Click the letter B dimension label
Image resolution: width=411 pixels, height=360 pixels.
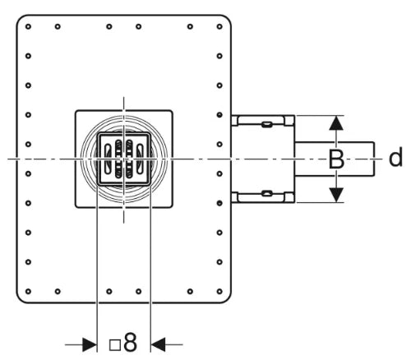click(x=336, y=159)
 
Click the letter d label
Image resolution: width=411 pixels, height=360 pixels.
click(x=395, y=157)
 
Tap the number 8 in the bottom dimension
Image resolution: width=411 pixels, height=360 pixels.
click(x=130, y=342)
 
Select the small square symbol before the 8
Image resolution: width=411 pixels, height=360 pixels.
click(x=115, y=345)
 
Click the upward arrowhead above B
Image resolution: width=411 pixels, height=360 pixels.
click(x=336, y=122)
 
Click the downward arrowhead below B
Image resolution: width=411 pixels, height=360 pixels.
click(x=336, y=195)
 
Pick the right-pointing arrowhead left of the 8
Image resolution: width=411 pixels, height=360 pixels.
click(x=90, y=344)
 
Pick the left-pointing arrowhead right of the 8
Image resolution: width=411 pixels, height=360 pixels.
click(x=158, y=344)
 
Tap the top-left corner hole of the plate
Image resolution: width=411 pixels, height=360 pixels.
click(x=28, y=26)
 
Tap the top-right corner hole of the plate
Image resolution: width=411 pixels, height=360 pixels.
click(x=219, y=26)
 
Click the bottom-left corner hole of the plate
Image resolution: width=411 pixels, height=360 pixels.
click(x=28, y=291)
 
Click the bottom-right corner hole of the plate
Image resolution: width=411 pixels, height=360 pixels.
click(x=219, y=291)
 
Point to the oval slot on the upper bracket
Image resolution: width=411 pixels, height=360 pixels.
click(x=266, y=124)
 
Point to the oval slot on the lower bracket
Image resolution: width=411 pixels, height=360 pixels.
click(x=266, y=193)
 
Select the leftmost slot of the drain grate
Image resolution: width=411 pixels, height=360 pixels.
click(x=108, y=159)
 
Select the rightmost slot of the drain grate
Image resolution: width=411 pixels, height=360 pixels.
click(x=140, y=159)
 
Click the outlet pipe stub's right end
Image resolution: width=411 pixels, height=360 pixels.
click(x=374, y=159)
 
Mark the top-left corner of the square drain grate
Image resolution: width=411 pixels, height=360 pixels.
click(x=98, y=133)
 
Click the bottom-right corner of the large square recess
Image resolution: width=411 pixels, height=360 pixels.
click(x=172, y=207)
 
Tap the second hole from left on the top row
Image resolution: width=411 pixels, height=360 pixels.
click(x=58, y=26)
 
